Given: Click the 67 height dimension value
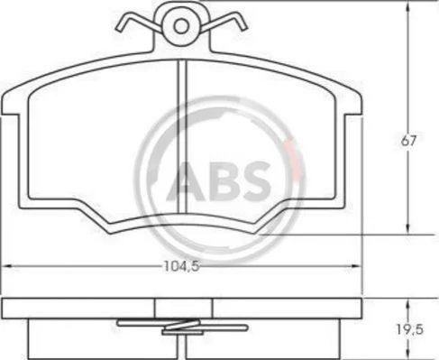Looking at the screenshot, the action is click(408, 141).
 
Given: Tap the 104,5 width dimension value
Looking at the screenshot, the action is click(181, 266).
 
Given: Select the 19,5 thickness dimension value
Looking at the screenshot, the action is click(409, 330).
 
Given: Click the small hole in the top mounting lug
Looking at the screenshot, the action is click(181, 26).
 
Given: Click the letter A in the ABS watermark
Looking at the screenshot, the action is click(186, 181).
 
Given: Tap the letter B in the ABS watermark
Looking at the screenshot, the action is click(222, 181).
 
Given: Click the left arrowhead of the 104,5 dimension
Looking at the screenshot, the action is click(6, 266).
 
